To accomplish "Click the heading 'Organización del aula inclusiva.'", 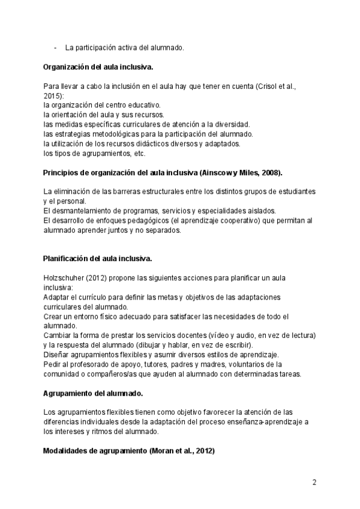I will tap(102, 67).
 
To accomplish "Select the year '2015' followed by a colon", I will tap(53, 95).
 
